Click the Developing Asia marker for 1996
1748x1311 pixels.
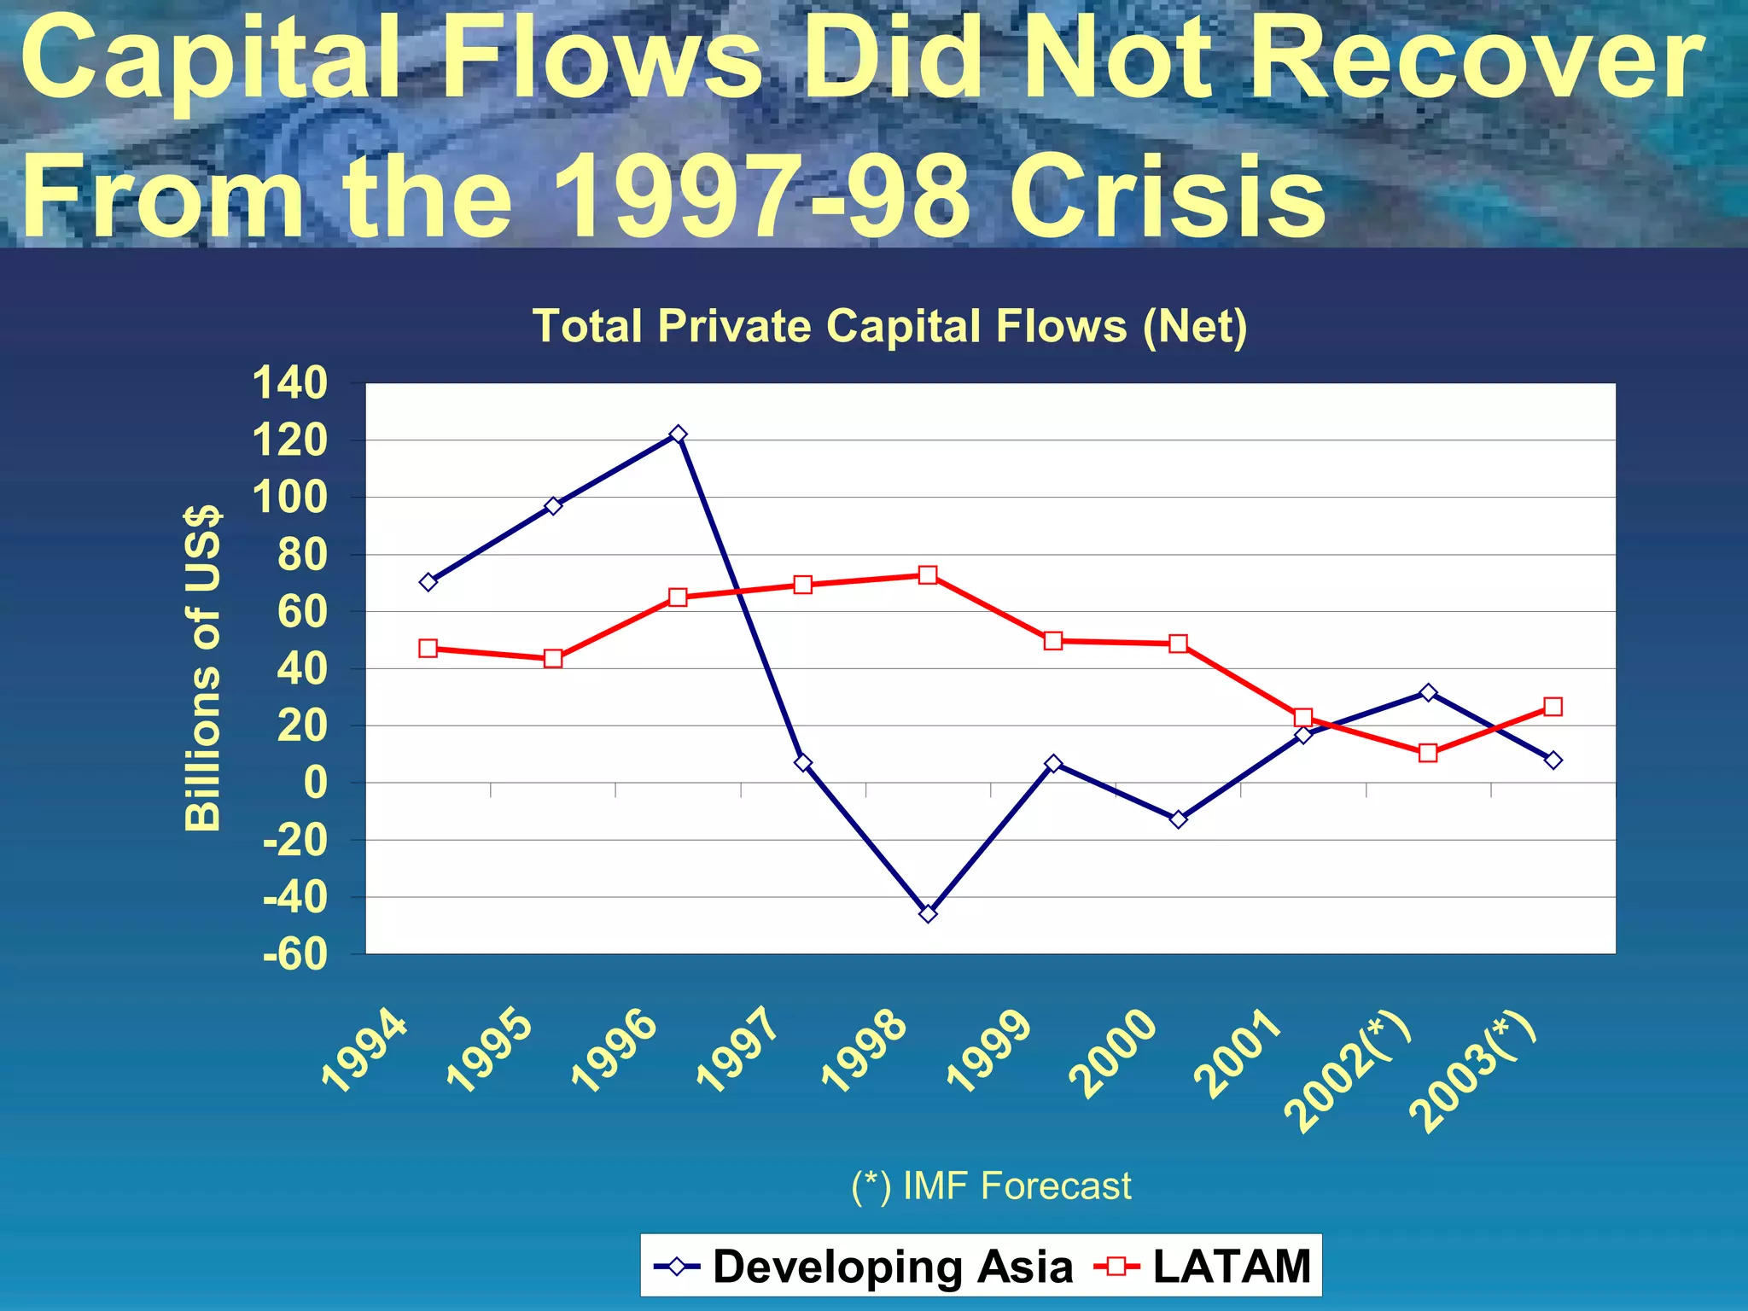(x=679, y=434)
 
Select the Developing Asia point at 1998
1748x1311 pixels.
(x=928, y=913)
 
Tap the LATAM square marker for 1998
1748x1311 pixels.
(x=928, y=575)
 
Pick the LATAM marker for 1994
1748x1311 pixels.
(x=428, y=649)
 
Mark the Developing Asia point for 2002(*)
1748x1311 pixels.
(x=1428, y=692)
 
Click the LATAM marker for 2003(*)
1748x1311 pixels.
(x=1553, y=707)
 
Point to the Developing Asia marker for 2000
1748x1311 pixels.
(x=1178, y=819)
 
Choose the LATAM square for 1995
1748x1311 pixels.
(x=553, y=659)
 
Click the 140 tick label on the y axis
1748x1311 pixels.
(x=290, y=383)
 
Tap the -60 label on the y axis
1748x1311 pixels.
(x=295, y=954)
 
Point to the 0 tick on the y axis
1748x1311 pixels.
(x=315, y=783)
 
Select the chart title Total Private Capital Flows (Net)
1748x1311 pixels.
(x=889, y=326)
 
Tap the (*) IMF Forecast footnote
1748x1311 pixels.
(x=991, y=1186)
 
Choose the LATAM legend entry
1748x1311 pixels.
(x=1203, y=1266)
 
